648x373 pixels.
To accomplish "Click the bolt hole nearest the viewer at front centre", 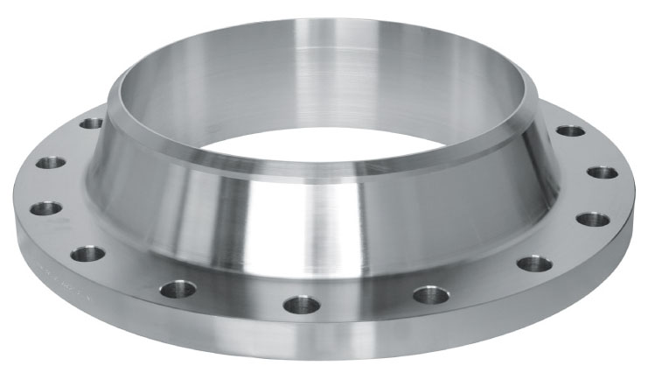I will pos(302,305).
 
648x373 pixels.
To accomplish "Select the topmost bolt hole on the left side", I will pos(91,123).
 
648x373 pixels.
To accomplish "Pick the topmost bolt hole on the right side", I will pos(570,130).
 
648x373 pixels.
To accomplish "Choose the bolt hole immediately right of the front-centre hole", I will pos(430,294).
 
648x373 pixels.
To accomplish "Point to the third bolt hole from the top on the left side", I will pos(45,208).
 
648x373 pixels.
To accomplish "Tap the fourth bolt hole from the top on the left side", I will pos(87,254).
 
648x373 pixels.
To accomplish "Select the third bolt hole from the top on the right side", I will pos(592,218).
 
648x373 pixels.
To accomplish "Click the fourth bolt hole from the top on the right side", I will pos(532,264).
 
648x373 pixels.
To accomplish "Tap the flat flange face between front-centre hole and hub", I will pos(306,276).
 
